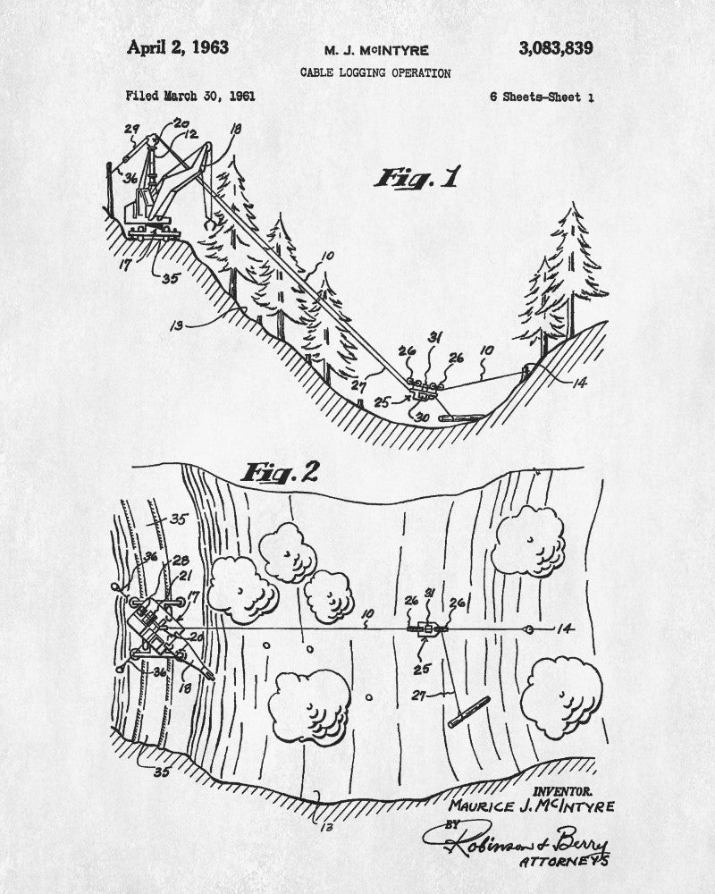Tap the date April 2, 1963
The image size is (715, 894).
tap(178, 47)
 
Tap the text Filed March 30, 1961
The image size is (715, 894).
tap(190, 96)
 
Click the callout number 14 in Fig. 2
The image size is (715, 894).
tap(567, 629)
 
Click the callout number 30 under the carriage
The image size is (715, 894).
tap(422, 415)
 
